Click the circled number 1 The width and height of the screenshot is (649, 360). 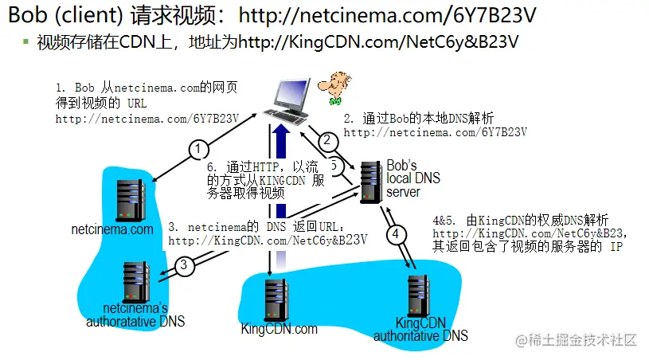point(199,149)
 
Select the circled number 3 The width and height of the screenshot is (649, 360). point(185,265)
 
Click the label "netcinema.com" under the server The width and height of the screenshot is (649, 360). point(112,230)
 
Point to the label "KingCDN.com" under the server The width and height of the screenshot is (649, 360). point(279,328)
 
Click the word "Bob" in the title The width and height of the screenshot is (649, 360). point(25,14)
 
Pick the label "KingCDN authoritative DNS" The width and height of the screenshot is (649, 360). point(421,330)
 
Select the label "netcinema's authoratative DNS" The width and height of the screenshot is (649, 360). point(135,315)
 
